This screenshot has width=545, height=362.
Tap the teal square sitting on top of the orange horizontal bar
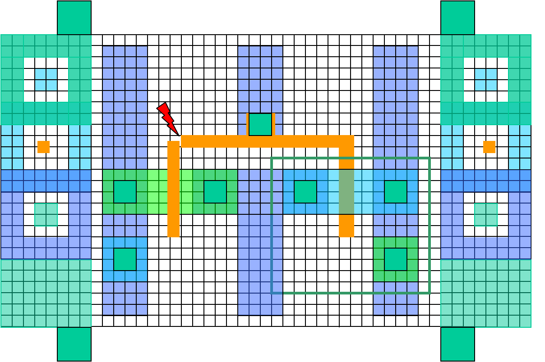[x=260, y=124]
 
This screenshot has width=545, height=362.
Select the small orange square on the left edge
[x=43, y=147]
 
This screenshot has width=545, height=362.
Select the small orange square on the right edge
[x=489, y=147]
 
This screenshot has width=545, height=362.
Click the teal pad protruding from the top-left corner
[x=74, y=18]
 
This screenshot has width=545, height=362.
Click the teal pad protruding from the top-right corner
[x=457, y=18]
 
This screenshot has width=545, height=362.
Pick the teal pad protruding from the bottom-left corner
[x=74, y=344]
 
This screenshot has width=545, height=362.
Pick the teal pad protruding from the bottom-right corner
[x=457, y=344]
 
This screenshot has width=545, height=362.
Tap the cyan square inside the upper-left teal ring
[x=46, y=80]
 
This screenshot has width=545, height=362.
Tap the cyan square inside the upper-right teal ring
[x=486, y=80]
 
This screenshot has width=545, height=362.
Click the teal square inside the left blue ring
[x=46, y=214]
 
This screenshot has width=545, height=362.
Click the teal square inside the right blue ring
[x=486, y=214]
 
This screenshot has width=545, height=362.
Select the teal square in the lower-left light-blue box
[x=125, y=259]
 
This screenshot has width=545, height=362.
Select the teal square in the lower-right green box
[x=396, y=259]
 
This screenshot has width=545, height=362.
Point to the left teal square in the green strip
[x=125, y=192]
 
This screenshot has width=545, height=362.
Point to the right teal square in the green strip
[x=215, y=192]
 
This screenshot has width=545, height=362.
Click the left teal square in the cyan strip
[x=305, y=192]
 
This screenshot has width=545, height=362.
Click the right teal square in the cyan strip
[x=396, y=192]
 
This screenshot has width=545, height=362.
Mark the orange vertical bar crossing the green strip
[x=173, y=189]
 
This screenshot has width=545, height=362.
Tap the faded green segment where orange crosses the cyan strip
[x=346, y=192]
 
